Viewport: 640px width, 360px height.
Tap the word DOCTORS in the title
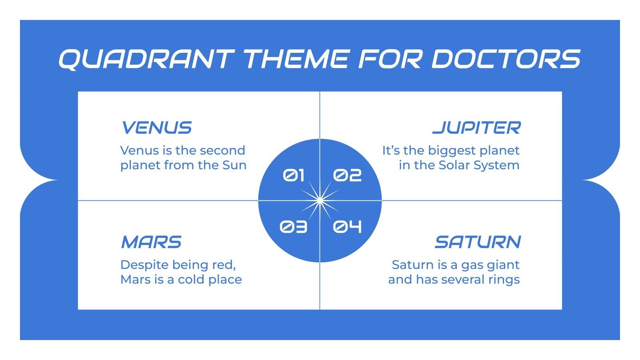pos(506,59)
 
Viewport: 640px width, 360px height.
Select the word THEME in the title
pos(296,59)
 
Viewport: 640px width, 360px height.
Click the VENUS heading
pos(156,128)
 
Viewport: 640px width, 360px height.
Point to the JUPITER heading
pos(476,128)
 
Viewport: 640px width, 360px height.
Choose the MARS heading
pos(151,242)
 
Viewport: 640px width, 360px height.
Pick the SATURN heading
pos(478,242)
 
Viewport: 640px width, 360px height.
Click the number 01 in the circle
pos(294,175)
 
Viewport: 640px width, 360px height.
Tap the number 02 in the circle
pos(347,175)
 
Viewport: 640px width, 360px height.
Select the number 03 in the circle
pos(293,227)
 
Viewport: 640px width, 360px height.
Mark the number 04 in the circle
pos(347,227)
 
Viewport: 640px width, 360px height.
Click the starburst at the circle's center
pos(320,200)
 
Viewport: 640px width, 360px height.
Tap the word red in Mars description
pos(226,265)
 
